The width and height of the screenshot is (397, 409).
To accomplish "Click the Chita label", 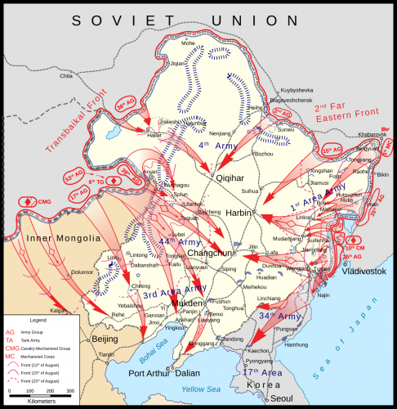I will coord(66,75).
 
